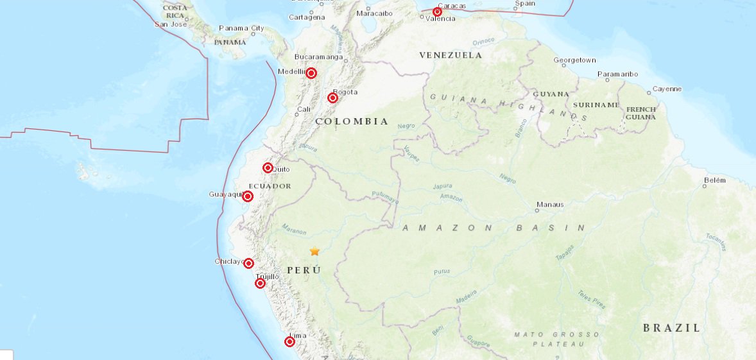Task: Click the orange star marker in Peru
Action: coord(314,252)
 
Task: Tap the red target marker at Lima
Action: coord(289,342)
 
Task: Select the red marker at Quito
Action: coord(268,168)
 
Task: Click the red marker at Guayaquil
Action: coord(248,196)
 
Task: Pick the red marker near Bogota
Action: coord(332,98)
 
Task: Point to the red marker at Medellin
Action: coord(311,73)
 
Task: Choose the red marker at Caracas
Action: coord(437,12)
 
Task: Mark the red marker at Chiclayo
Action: coord(248,263)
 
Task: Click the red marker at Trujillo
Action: coord(260,284)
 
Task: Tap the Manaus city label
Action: coord(551,205)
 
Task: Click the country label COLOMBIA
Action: coord(352,121)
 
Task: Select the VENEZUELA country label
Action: coord(451,55)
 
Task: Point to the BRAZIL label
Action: coord(671,328)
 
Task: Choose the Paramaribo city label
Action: coord(617,74)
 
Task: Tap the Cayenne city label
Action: coord(667,89)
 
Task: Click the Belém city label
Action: coord(714,180)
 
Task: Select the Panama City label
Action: coord(241,28)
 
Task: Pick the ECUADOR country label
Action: coord(270,186)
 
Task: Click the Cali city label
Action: coord(304,109)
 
